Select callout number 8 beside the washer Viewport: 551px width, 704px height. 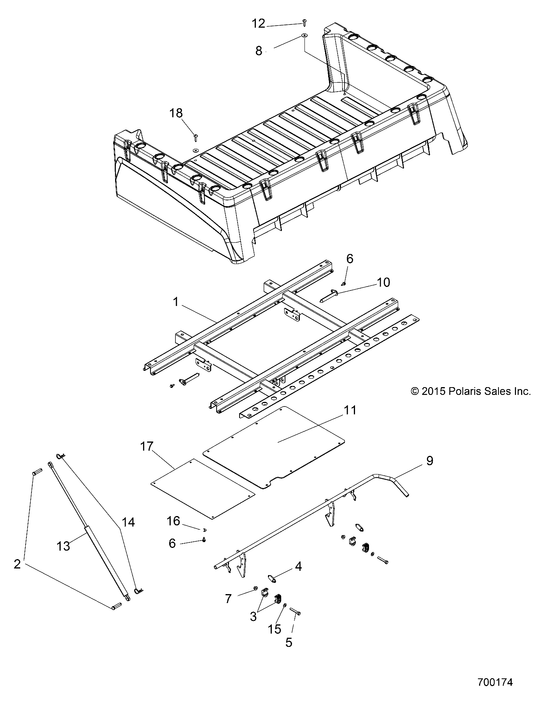tap(259, 51)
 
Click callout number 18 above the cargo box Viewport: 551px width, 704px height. tap(176, 113)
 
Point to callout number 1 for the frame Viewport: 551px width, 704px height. tap(176, 302)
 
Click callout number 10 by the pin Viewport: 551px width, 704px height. tap(383, 282)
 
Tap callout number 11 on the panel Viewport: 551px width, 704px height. tap(350, 410)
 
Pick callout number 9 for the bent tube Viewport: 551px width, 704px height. tap(429, 461)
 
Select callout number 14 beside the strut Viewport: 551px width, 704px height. tap(128, 522)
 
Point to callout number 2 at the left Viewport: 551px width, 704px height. tap(17, 564)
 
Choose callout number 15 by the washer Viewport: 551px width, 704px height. tap(275, 629)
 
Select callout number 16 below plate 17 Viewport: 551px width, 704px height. tap(173, 521)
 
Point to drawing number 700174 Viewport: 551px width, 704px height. tap(495, 681)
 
